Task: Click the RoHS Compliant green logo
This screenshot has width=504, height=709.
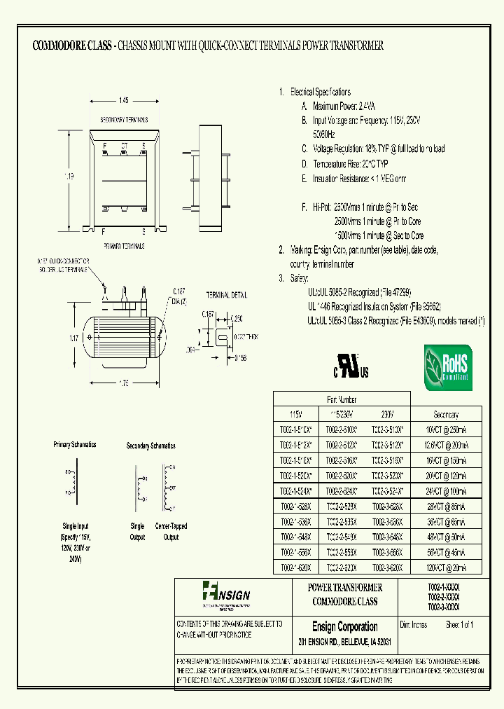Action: pyautogui.click(x=448, y=368)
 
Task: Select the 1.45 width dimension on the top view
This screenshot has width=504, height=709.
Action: pyautogui.click(x=123, y=104)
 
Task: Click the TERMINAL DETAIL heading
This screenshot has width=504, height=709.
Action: pyautogui.click(x=226, y=295)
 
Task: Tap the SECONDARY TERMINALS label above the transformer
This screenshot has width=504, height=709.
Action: pyautogui.click(x=124, y=120)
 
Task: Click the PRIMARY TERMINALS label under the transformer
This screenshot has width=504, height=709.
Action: pyautogui.click(x=124, y=247)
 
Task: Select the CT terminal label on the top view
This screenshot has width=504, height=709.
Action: pyautogui.click(x=124, y=145)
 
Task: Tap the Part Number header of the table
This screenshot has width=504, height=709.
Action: pyautogui.click(x=342, y=399)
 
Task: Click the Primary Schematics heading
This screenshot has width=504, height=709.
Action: pyautogui.click(x=75, y=445)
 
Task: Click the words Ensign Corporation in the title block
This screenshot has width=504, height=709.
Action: pyautogui.click(x=344, y=627)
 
